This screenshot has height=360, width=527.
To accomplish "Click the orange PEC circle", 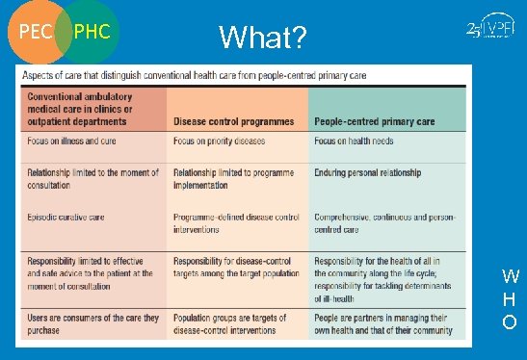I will coord(35,32).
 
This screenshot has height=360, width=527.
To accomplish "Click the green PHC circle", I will coord(92,32).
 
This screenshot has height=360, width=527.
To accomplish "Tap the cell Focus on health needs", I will coord(354,141).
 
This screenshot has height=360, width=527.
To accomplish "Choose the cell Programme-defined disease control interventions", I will coord(236,222).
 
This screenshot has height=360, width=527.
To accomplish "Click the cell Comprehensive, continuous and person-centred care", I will coord(382,222).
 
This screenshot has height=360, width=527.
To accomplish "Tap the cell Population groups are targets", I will coord(231,323).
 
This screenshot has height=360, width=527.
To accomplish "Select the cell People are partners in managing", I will coord(382,323).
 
